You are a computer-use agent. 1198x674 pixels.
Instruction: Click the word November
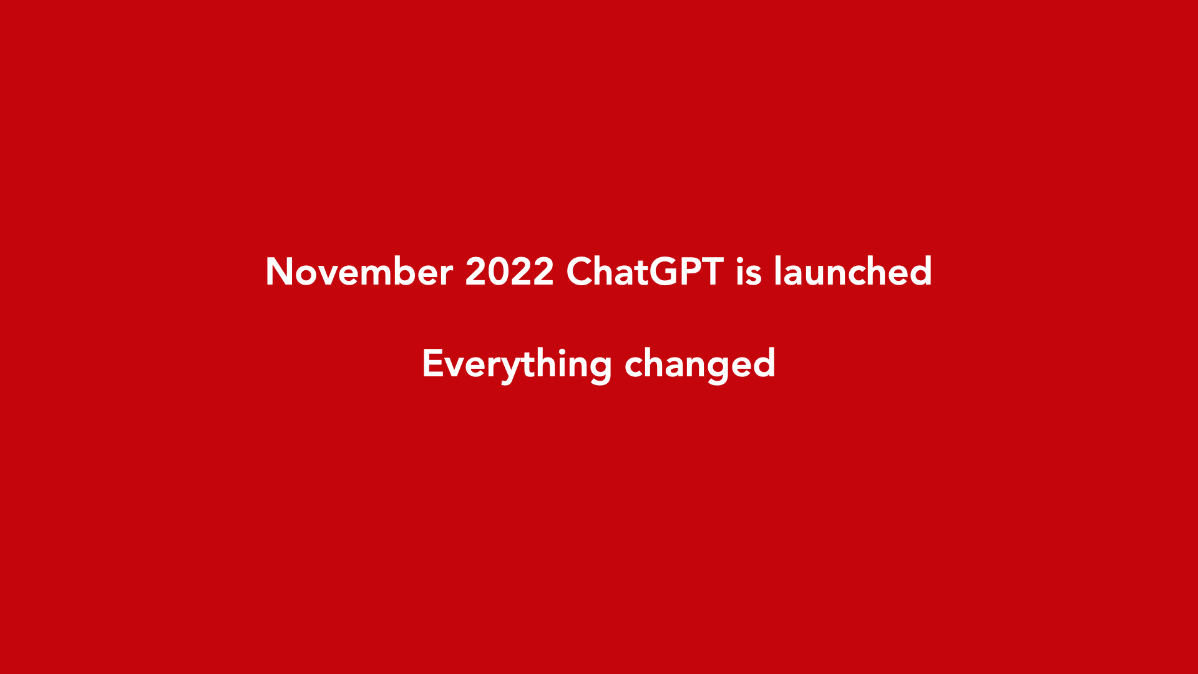click(x=359, y=271)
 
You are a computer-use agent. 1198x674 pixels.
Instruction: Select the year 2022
click(x=509, y=271)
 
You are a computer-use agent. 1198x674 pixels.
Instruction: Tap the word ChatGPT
click(x=645, y=271)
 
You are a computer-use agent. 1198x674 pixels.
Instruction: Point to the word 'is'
click(x=749, y=272)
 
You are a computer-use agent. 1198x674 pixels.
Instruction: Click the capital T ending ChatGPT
click(x=713, y=271)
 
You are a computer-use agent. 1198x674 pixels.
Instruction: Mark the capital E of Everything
click(x=432, y=363)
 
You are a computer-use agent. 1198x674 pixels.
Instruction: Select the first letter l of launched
click(x=777, y=270)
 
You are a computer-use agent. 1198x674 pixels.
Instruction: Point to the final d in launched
click(x=920, y=271)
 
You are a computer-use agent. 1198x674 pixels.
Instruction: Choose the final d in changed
click(x=764, y=363)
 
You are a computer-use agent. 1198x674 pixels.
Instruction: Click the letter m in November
click(x=376, y=276)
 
